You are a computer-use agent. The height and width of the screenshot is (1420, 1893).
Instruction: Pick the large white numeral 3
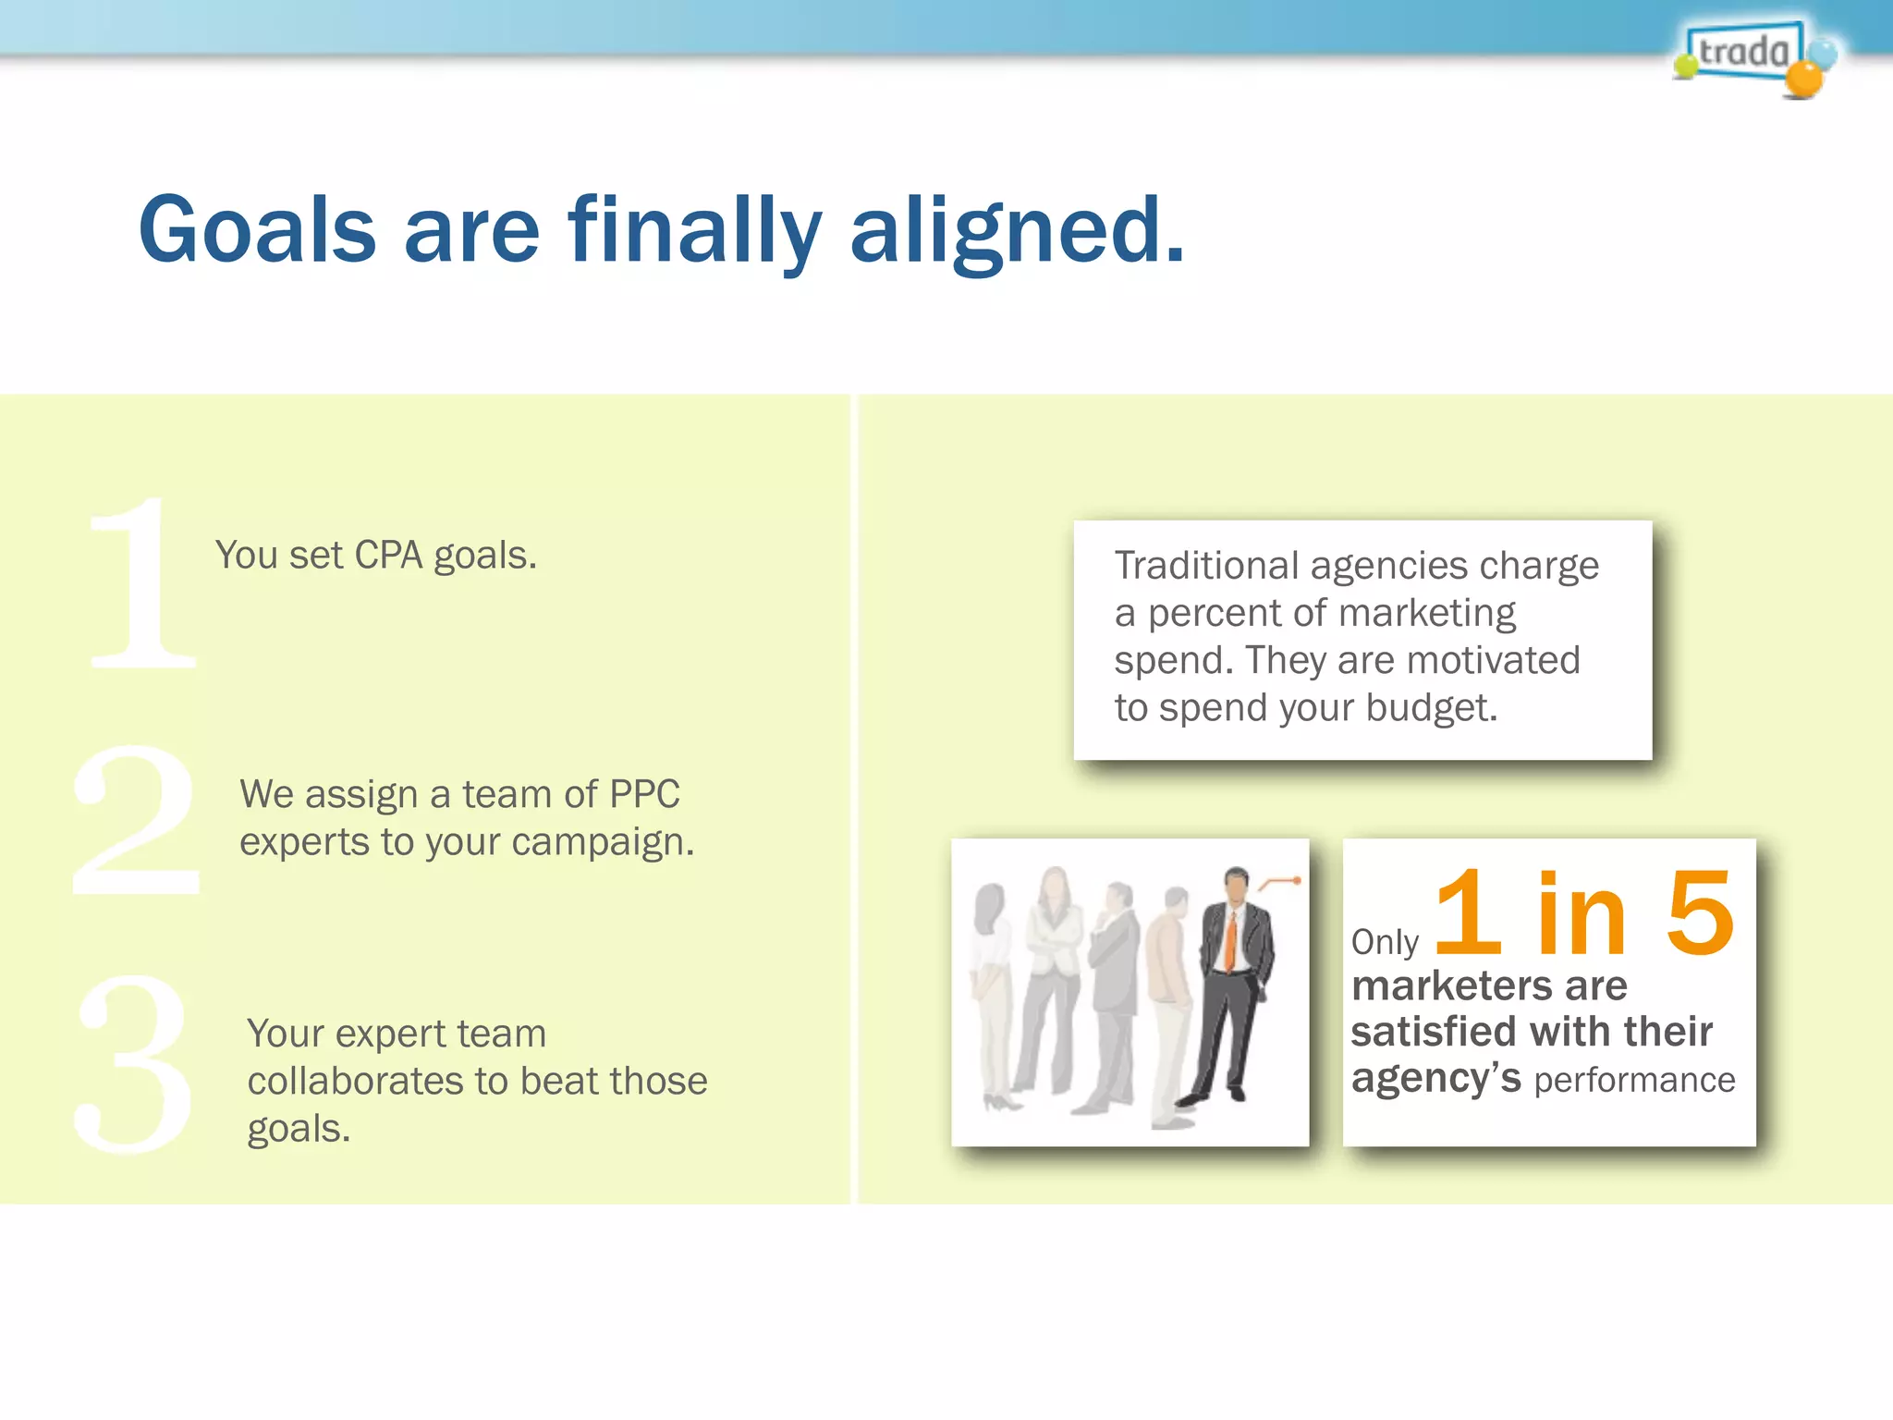(x=134, y=1063)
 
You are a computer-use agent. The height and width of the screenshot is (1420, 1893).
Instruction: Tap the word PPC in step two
(x=644, y=794)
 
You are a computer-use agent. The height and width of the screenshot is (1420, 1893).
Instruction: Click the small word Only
(x=1384, y=942)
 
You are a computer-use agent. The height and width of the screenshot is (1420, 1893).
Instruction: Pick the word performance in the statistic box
(x=1634, y=1080)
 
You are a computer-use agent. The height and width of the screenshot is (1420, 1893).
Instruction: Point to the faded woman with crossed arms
(x=1054, y=971)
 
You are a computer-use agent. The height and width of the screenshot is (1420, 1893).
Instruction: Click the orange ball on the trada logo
(x=1802, y=80)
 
